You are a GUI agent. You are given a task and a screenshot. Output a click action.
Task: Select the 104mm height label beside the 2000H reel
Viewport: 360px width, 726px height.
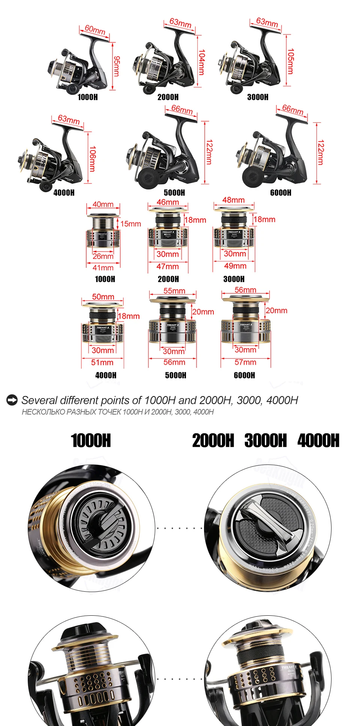click(202, 62)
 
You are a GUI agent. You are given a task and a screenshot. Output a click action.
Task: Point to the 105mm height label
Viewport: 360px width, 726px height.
click(291, 61)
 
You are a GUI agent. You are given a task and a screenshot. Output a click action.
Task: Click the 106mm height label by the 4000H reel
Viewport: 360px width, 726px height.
click(92, 158)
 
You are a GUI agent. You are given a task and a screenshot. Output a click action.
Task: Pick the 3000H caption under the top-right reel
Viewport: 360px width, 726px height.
click(258, 97)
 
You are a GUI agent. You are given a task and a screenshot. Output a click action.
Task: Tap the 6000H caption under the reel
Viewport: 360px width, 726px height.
click(280, 192)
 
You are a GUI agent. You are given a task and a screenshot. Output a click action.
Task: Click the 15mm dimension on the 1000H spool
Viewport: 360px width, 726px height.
click(130, 224)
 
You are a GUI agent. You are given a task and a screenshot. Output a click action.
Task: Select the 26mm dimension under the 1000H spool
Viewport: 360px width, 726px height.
click(103, 256)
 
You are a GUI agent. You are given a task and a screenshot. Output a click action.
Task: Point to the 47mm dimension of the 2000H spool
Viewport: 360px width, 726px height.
click(168, 266)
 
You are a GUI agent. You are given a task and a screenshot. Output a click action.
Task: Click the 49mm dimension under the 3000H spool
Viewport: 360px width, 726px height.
click(235, 266)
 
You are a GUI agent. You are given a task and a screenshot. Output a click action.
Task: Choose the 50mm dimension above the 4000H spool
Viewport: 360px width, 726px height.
click(103, 297)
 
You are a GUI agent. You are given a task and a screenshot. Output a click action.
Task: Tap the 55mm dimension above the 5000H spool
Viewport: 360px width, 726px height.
click(174, 291)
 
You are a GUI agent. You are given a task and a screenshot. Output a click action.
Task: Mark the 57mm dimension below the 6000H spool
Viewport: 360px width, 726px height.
click(245, 362)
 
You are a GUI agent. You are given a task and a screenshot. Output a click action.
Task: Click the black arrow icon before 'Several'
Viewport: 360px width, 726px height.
click(12, 400)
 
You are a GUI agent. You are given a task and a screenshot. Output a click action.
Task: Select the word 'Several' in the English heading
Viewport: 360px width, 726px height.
click(39, 400)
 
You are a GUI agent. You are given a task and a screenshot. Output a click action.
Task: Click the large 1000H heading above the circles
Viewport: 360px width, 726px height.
click(91, 440)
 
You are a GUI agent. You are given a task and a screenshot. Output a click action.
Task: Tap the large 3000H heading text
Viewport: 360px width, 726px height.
click(265, 440)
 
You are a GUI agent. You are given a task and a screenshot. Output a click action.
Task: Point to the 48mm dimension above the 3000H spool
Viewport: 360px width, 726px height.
click(233, 200)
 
